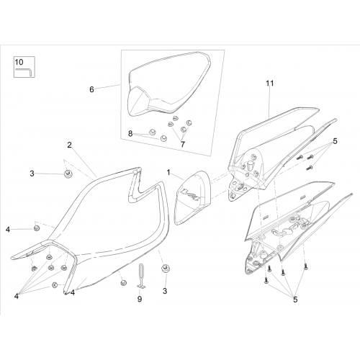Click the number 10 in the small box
[19, 62]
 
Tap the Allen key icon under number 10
[24, 71]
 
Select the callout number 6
[91, 89]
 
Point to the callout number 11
[270, 84]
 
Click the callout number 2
[69, 145]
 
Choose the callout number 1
[168, 172]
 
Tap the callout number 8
[130, 133]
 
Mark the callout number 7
[183, 144]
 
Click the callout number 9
[140, 299]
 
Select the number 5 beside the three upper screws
[335, 141]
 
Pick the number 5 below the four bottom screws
[295, 300]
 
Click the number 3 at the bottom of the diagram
[165, 291]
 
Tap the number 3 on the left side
[32, 174]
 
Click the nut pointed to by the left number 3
[67, 174]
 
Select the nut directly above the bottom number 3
[165, 268]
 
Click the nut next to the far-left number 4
[37, 228]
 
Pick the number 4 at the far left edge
[8, 230]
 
